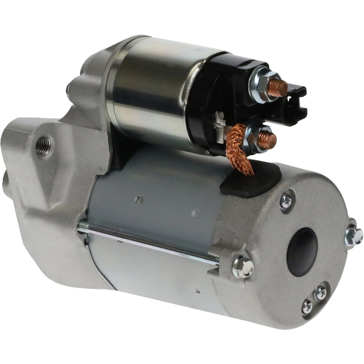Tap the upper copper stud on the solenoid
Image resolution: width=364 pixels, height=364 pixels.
tap(278, 88)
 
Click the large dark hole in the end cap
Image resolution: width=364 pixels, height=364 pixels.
tap(302, 252)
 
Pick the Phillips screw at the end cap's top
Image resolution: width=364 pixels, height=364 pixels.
tap(286, 201)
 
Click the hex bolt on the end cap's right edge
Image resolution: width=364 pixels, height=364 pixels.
tap(354, 236)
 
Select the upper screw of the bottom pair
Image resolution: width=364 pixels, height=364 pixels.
tap(320, 292)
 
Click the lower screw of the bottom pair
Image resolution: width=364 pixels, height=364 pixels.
tap(307, 306)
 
